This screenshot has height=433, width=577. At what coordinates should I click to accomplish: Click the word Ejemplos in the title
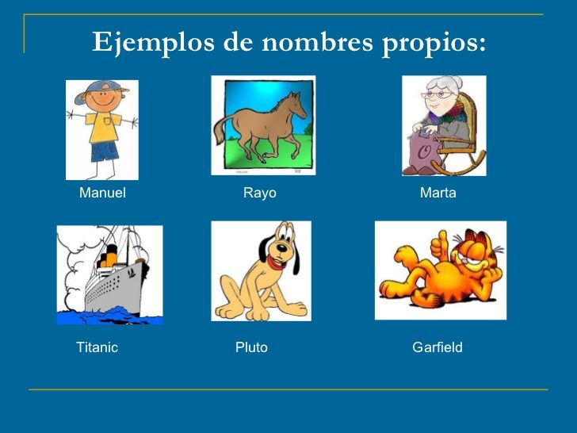(x=153, y=43)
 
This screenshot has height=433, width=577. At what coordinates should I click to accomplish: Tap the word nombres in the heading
(x=318, y=41)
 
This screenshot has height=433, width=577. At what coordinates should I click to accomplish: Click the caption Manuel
(x=102, y=193)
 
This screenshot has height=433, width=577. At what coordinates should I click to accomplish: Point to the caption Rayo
(x=259, y=194)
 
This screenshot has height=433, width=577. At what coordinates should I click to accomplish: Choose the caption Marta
(x=438, y=193)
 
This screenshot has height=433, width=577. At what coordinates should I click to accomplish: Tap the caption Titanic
(x=97, y=347)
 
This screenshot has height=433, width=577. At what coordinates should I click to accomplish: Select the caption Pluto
(x=251, y=347)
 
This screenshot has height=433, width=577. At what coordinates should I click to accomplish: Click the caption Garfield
(x=438, y=347)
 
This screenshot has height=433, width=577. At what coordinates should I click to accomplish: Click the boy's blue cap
(x=98, y=90)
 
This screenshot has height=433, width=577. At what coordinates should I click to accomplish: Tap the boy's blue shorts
(x=105, y=151)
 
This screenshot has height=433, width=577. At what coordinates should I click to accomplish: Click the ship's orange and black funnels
(x=109, y=256)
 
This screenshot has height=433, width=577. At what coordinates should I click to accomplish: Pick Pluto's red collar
(x=277, y=263)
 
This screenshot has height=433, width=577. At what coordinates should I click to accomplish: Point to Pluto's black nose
(x=281, y=247)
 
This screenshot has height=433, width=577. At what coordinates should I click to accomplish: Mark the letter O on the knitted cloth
(x=426, y=152)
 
